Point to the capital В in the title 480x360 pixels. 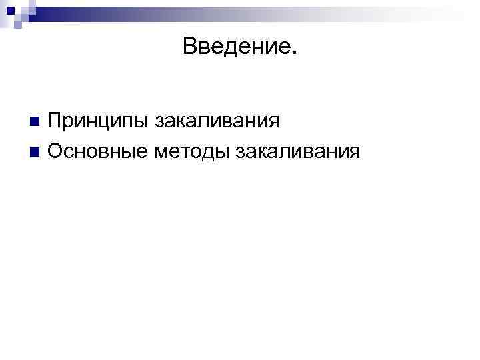click(189, 46)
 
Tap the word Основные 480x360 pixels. click(98, 152)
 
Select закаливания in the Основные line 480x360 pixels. click(297, 152)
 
